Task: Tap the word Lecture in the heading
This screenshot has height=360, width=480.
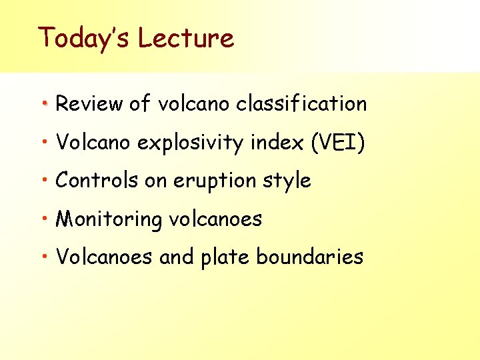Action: coord(186,38)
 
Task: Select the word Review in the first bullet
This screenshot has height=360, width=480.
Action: coord(89,104)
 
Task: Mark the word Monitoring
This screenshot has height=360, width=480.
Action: coord(109,219)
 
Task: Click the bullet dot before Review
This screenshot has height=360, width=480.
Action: coord(45,105)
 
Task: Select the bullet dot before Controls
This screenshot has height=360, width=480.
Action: coord(45,181)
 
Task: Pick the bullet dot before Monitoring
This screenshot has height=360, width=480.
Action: coord(45,219)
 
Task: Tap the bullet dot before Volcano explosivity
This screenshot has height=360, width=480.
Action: coord(45,143)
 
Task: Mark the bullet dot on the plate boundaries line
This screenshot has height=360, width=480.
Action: coord(45,257)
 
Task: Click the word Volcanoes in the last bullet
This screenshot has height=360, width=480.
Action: coord(104,257)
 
